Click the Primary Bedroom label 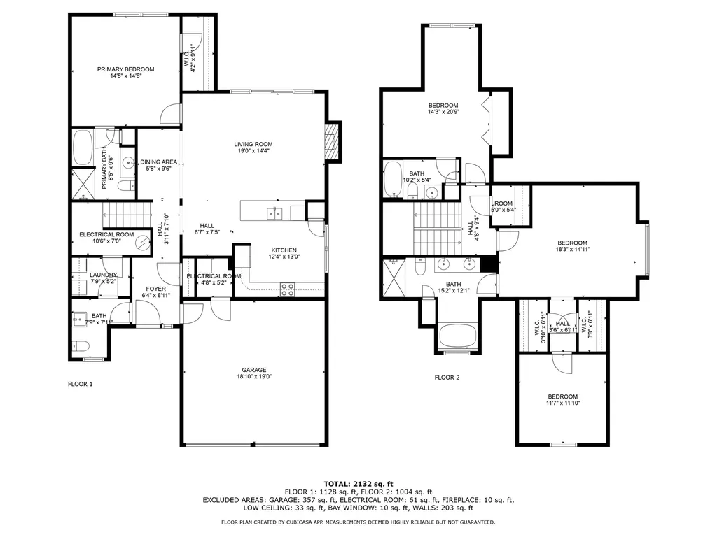point(125,69)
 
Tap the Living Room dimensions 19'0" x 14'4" point(253,151)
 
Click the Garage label point(253,370)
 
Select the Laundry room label point(103,275)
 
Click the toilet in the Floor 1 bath point(78,346)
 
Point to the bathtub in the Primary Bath point(83,147)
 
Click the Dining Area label point(159,162)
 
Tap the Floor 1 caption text point(80,384)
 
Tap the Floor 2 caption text point(447,378)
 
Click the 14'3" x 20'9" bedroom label point(443,106)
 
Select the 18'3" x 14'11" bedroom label point(571,243)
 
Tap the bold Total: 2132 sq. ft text point(358,484)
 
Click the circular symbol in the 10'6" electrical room point(143,242)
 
